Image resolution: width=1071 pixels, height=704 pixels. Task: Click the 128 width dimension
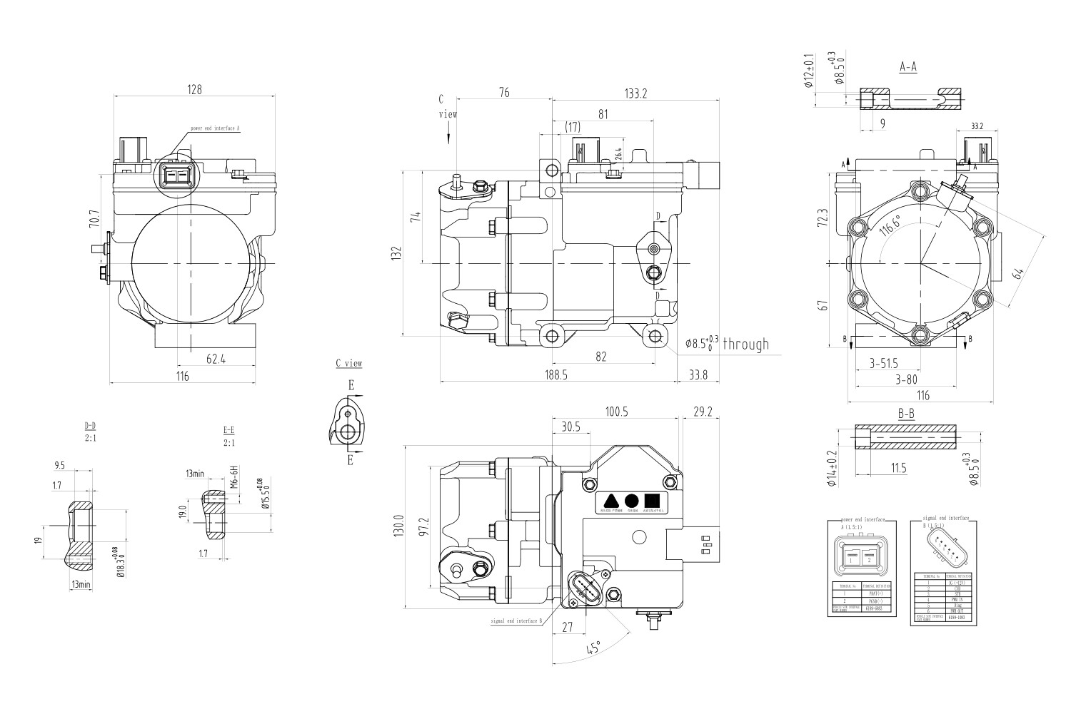click(194, 90)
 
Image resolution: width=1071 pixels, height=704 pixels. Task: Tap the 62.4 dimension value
click(216, 359)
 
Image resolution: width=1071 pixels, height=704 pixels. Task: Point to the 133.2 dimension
click(635, 93)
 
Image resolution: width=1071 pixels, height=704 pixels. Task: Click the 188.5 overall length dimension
click(555, 375)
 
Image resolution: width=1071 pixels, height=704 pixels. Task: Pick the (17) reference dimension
click(572, 127)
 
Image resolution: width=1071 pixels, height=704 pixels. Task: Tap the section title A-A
click(907, 67)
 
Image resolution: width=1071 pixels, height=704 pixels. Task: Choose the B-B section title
click(907, 414)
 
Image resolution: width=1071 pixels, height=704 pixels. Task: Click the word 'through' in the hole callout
click(746, 345)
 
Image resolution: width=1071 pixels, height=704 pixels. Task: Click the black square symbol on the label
click(650, 500)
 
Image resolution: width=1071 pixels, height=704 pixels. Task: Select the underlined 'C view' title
click(349, 364)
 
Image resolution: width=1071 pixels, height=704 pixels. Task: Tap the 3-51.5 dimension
click(883, 363)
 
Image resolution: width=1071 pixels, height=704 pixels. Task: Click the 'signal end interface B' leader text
click(516, 621)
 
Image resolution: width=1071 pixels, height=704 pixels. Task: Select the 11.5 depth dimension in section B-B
click(898, 468)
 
